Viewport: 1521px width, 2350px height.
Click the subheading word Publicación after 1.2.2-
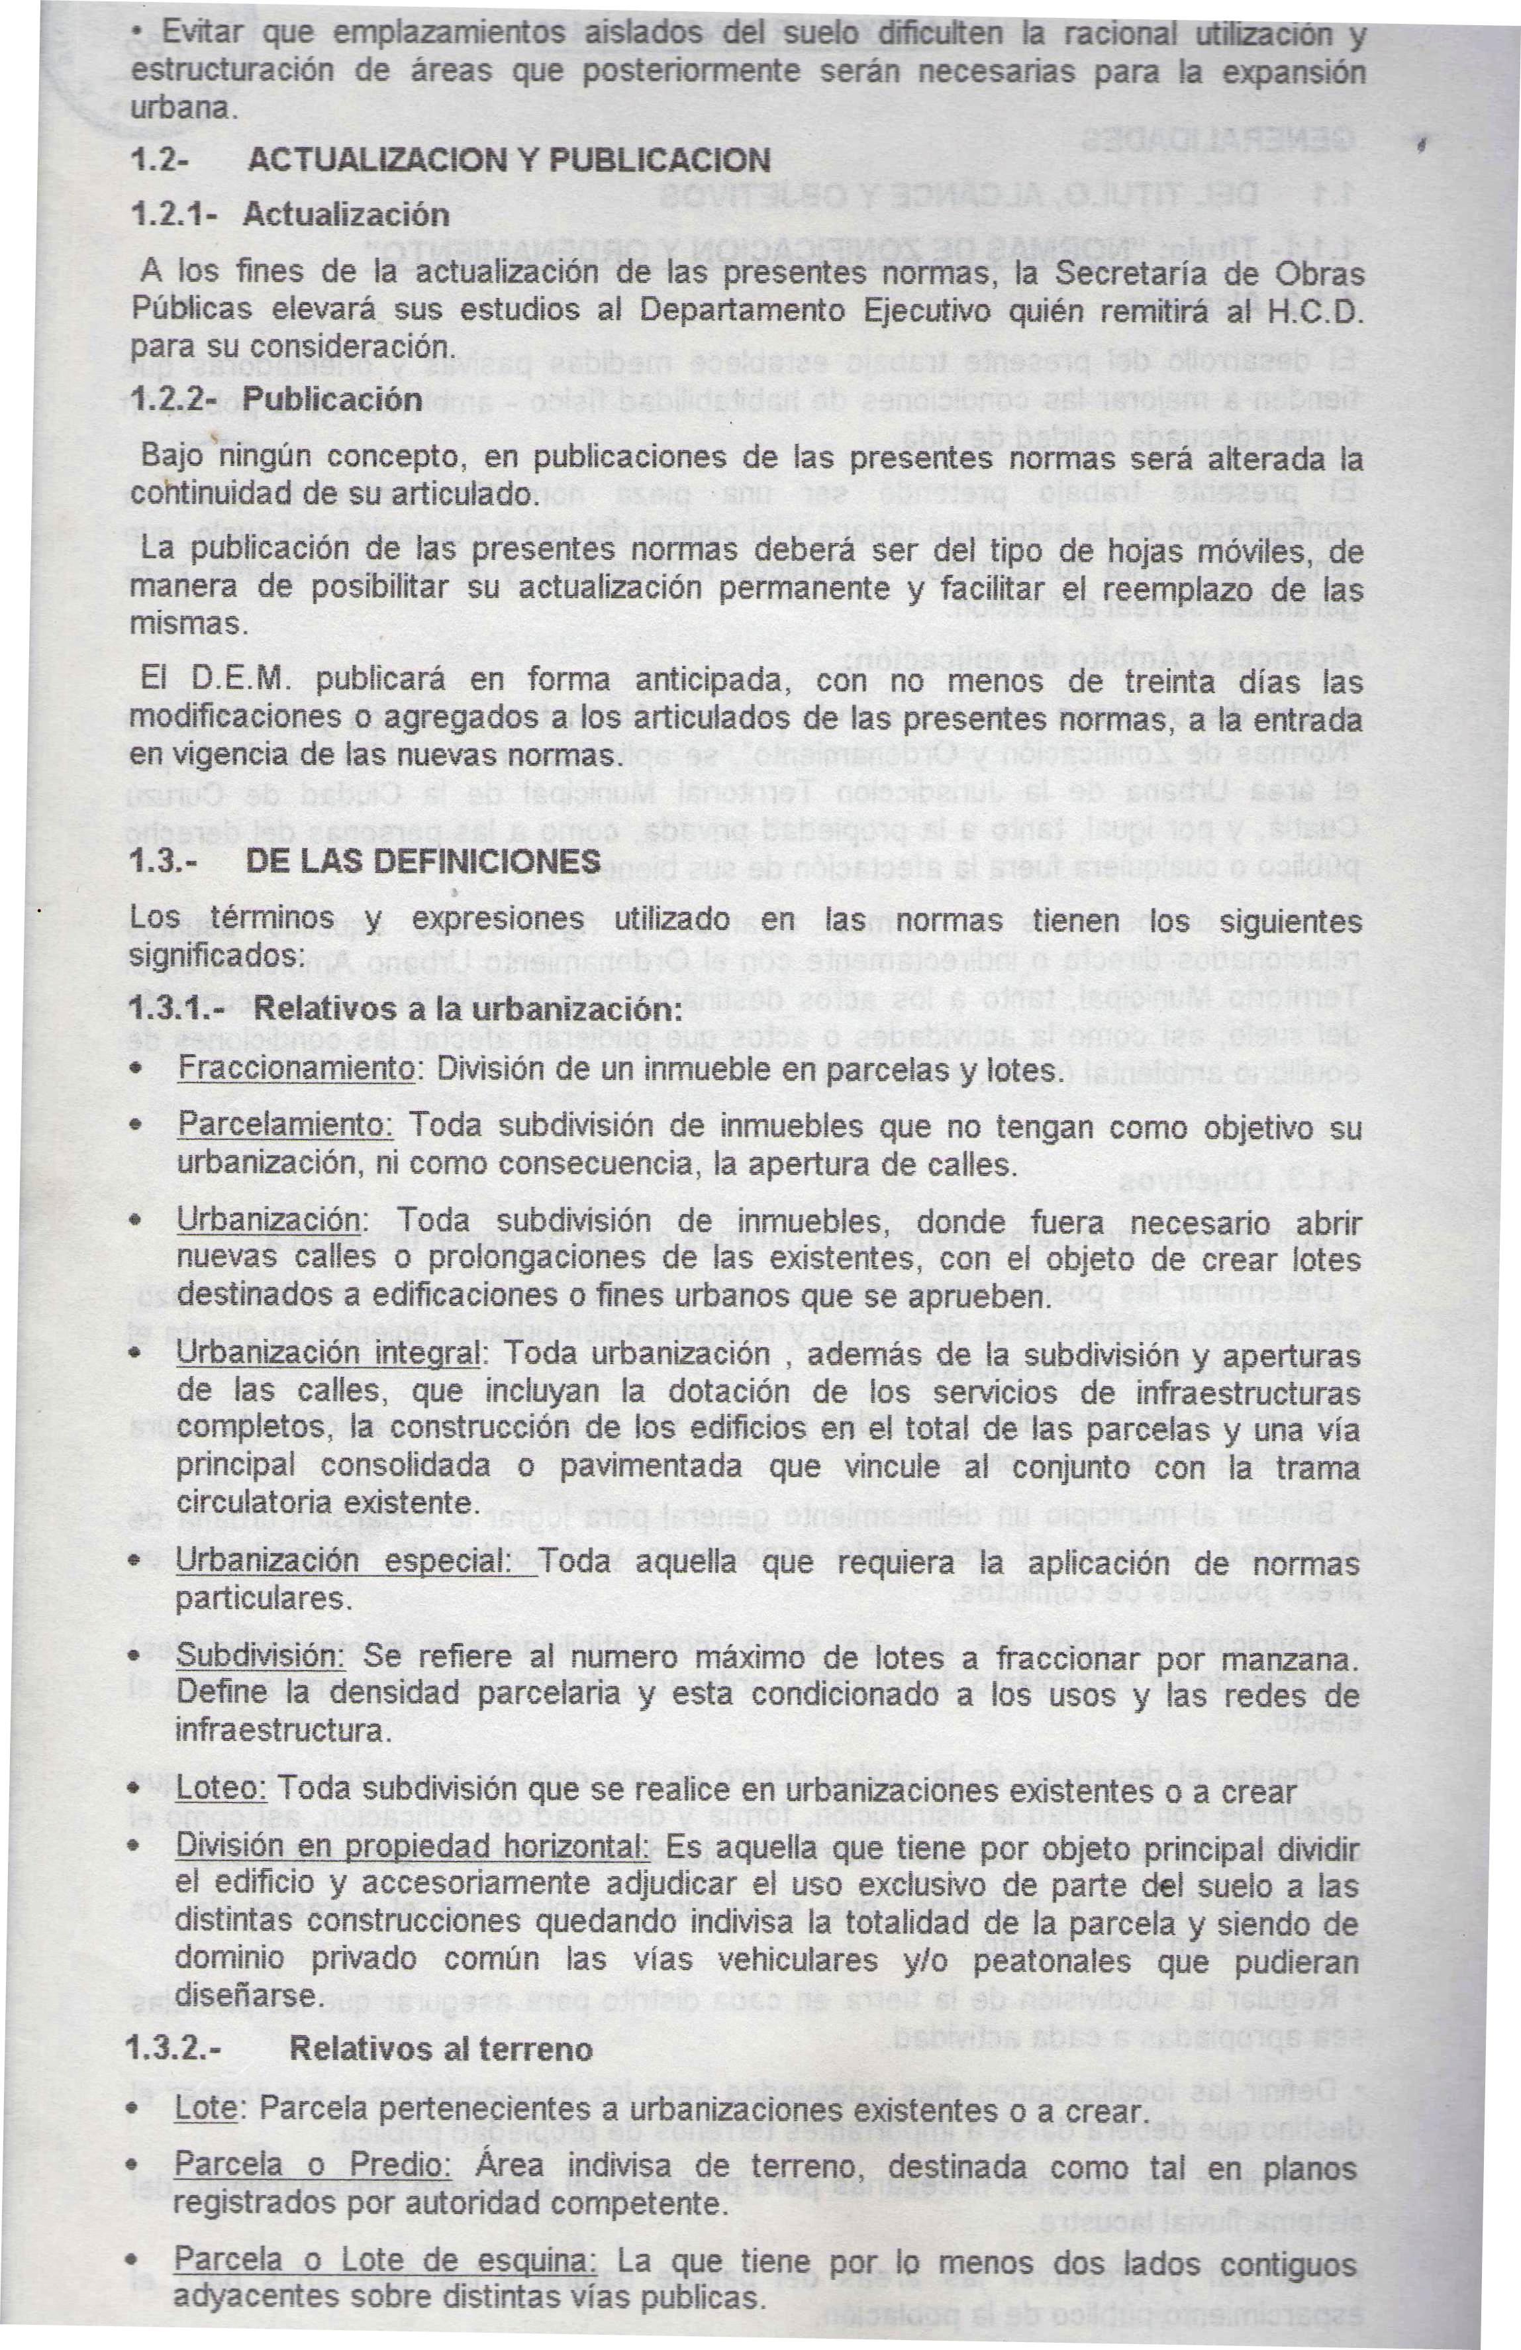(x=332, y=400)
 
